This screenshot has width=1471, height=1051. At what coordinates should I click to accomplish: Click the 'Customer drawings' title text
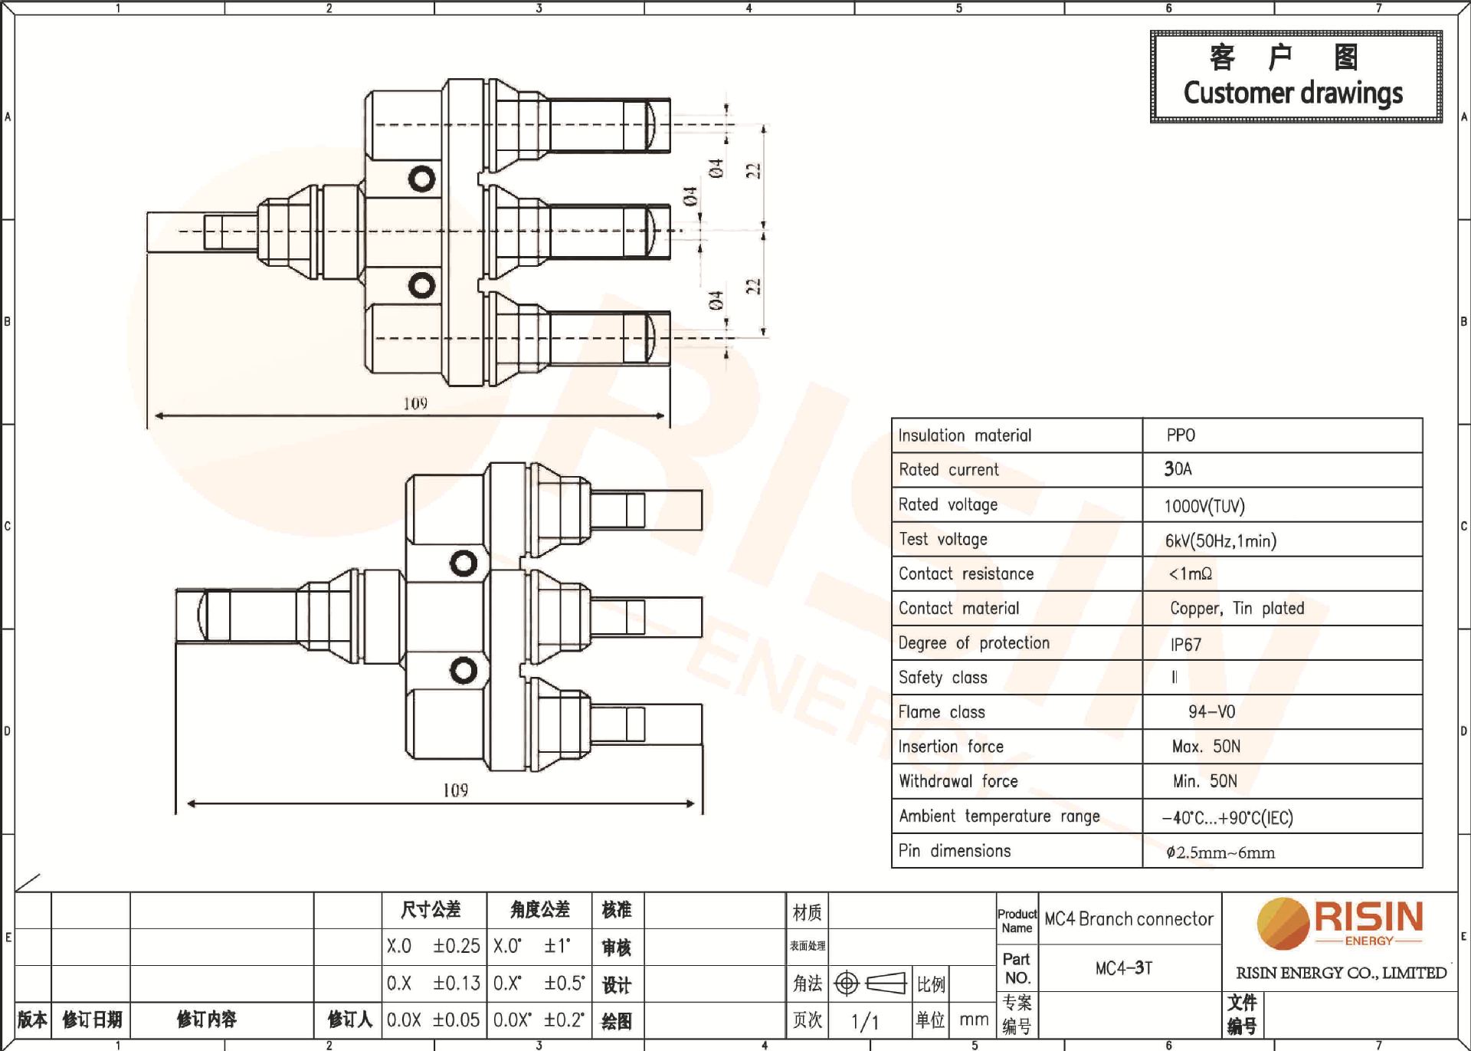click(1292, 94)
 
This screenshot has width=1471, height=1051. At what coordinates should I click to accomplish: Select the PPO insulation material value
click(1180, 435)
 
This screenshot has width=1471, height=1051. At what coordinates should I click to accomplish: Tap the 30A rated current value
click(1178, 469)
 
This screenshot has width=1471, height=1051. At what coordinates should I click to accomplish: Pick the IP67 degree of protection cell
click(1185, 645)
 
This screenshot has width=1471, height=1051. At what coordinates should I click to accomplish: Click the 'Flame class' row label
click(941, 712)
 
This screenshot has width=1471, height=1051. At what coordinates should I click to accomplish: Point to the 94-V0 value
click(1211, 712)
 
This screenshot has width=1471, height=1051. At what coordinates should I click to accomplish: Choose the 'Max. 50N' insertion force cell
click(1206, 747)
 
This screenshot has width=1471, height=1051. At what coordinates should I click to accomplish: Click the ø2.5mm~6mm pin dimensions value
click(1220, 852)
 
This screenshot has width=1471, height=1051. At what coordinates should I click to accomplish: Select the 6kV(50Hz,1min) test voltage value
click(1220, 541)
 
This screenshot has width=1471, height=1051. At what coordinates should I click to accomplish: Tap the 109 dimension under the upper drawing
click(415, 403)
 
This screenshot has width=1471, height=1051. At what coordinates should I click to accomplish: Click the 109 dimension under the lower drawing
click(455, 790)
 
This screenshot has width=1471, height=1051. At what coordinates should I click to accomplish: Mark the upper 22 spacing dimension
click(754, 170)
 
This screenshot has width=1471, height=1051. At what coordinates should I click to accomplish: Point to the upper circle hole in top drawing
click(421, 179)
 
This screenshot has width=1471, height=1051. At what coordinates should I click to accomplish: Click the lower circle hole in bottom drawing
click(463, 671)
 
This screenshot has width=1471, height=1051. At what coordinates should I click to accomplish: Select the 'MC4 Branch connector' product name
click(1129, 919)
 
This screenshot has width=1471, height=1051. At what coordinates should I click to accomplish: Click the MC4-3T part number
click(1123, 968)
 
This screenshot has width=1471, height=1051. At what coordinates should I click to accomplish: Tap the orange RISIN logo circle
click(1283, 924)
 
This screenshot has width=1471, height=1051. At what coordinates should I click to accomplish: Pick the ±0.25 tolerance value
click(456, 947)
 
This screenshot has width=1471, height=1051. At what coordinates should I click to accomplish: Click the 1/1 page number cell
click(865, 1021)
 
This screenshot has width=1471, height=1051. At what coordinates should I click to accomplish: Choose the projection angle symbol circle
click(846, 984)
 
